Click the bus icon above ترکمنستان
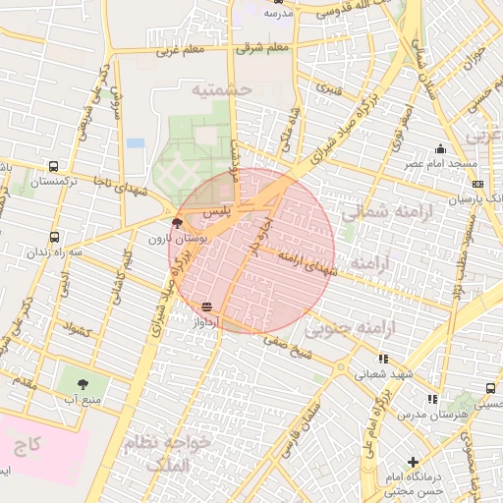(52, 167)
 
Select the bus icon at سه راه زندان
(54, 237)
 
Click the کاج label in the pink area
(28, 445)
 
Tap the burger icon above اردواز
(206, 307)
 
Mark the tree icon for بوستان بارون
(177, 223)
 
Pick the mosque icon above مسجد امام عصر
(440, 149)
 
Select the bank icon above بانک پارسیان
(477, 184)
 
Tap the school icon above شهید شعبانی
(382, 359)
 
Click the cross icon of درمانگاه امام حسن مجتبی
(413, 462)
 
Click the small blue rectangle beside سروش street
(136, 142)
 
